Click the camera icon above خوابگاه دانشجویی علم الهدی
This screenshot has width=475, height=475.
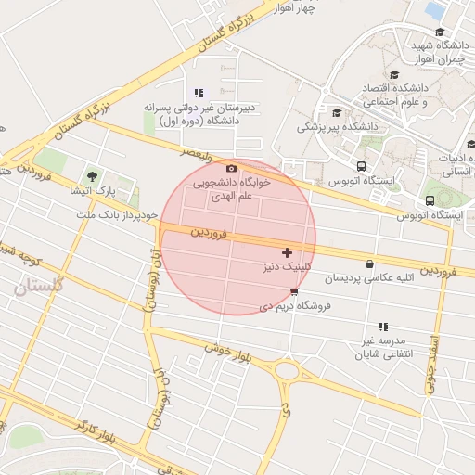(231, 169)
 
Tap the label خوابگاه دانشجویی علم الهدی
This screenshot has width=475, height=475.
(231, 189)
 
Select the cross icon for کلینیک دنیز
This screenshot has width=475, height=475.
(287, 252)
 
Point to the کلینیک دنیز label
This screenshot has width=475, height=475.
(288, 267)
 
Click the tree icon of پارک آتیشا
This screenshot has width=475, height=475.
(91, 175)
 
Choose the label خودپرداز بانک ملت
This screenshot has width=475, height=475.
(119, 213)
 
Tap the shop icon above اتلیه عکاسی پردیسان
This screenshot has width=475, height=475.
(370, 263)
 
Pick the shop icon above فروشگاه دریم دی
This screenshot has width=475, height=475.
(294, 291)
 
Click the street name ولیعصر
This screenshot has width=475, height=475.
(203, 150)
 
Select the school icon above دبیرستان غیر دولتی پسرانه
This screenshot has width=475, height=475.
(199, 93)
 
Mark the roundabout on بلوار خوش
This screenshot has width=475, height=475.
(287, 371)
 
